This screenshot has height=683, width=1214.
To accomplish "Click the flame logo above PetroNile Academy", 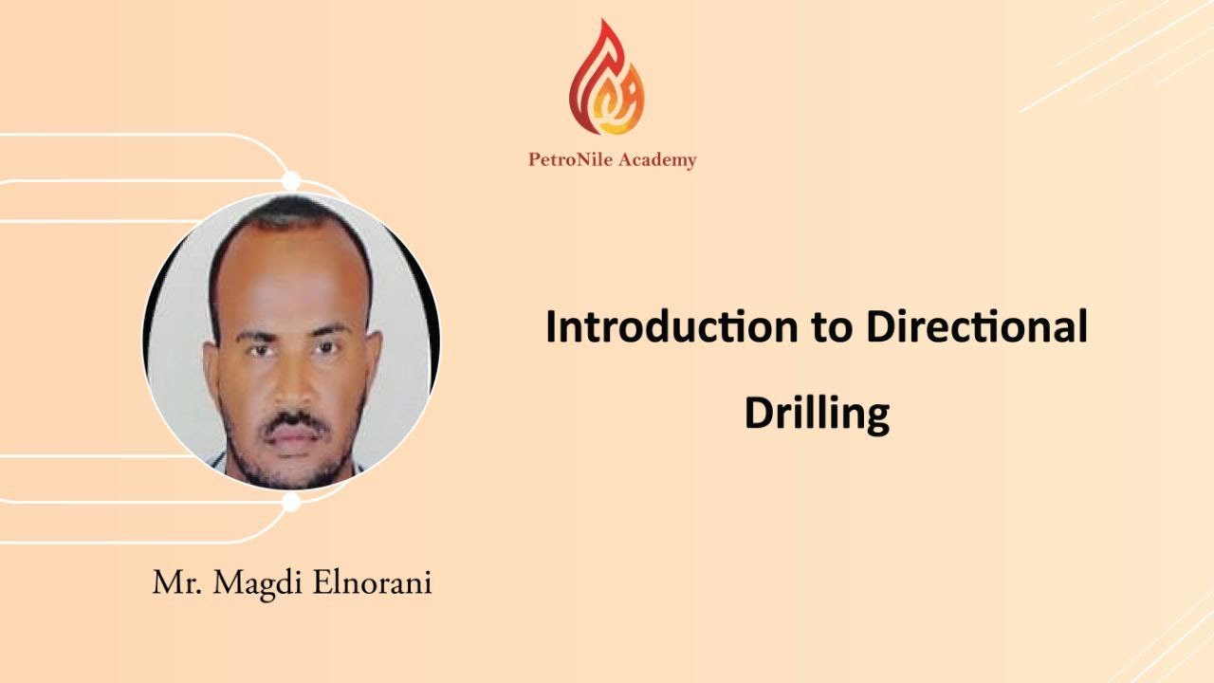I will [607, 81].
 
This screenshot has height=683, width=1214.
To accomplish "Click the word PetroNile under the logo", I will [571, 160].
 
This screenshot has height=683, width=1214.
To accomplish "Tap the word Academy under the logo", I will [656, 160].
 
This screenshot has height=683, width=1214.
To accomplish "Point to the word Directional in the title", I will [976, 327].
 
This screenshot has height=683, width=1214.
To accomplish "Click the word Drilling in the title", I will [816, 414].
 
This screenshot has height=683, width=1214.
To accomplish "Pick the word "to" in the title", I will [828, 328].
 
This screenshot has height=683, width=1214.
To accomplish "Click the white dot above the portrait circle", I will [291, 180].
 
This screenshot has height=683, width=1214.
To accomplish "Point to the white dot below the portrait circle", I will [291, 503].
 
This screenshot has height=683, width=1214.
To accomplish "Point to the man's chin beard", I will [294, 465].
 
